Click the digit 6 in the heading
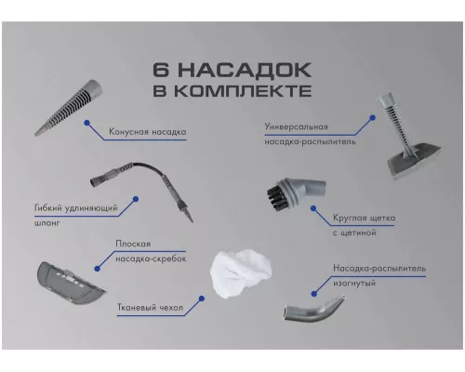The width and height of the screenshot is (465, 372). [x=165, y=72]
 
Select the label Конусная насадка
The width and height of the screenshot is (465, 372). [x=147, y=132]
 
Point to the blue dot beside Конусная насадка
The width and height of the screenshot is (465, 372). [x=86, y=121]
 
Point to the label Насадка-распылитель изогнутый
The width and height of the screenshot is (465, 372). [x=378, y=275]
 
